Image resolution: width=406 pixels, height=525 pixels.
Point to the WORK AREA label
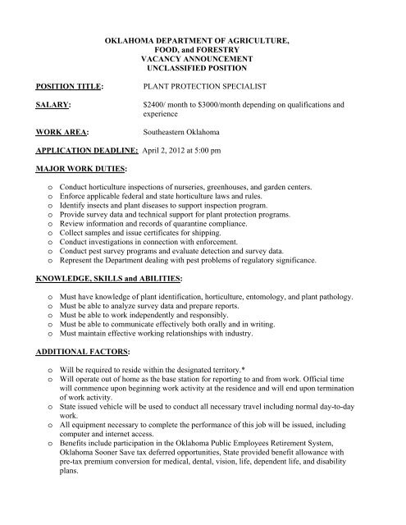tap(59, 131)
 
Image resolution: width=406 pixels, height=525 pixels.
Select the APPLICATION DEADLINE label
tap(88, 151)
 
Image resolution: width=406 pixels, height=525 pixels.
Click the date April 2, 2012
tap(170, 151)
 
